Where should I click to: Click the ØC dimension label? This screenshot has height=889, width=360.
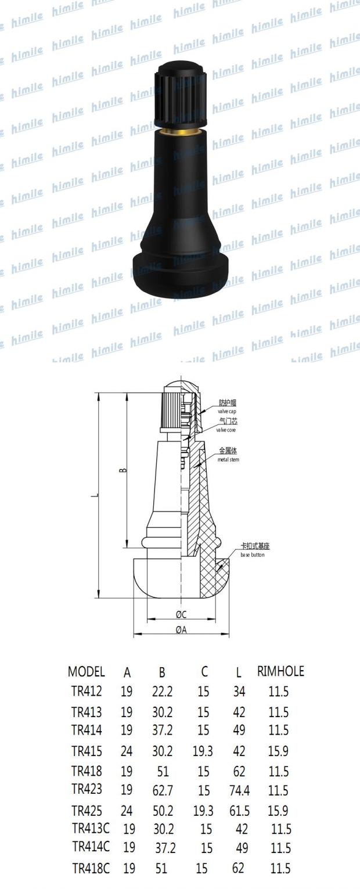pyautogui.click(x=181, y=615)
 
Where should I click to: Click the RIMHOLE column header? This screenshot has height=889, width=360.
pyautogui.click(x=280, y=672)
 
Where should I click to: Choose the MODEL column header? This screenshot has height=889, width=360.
pyautogui.click(x=87, y=672)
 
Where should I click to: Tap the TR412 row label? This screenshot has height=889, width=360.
pyautogui.click(x=87, y=692)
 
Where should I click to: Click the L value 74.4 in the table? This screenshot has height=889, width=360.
pyautogui.click(x=239, y=790)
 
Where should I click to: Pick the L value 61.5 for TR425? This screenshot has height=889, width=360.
pyautogui.click(x=239, y=811)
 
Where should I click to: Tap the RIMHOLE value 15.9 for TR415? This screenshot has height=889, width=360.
pyautogui.click(x=278, y=751)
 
